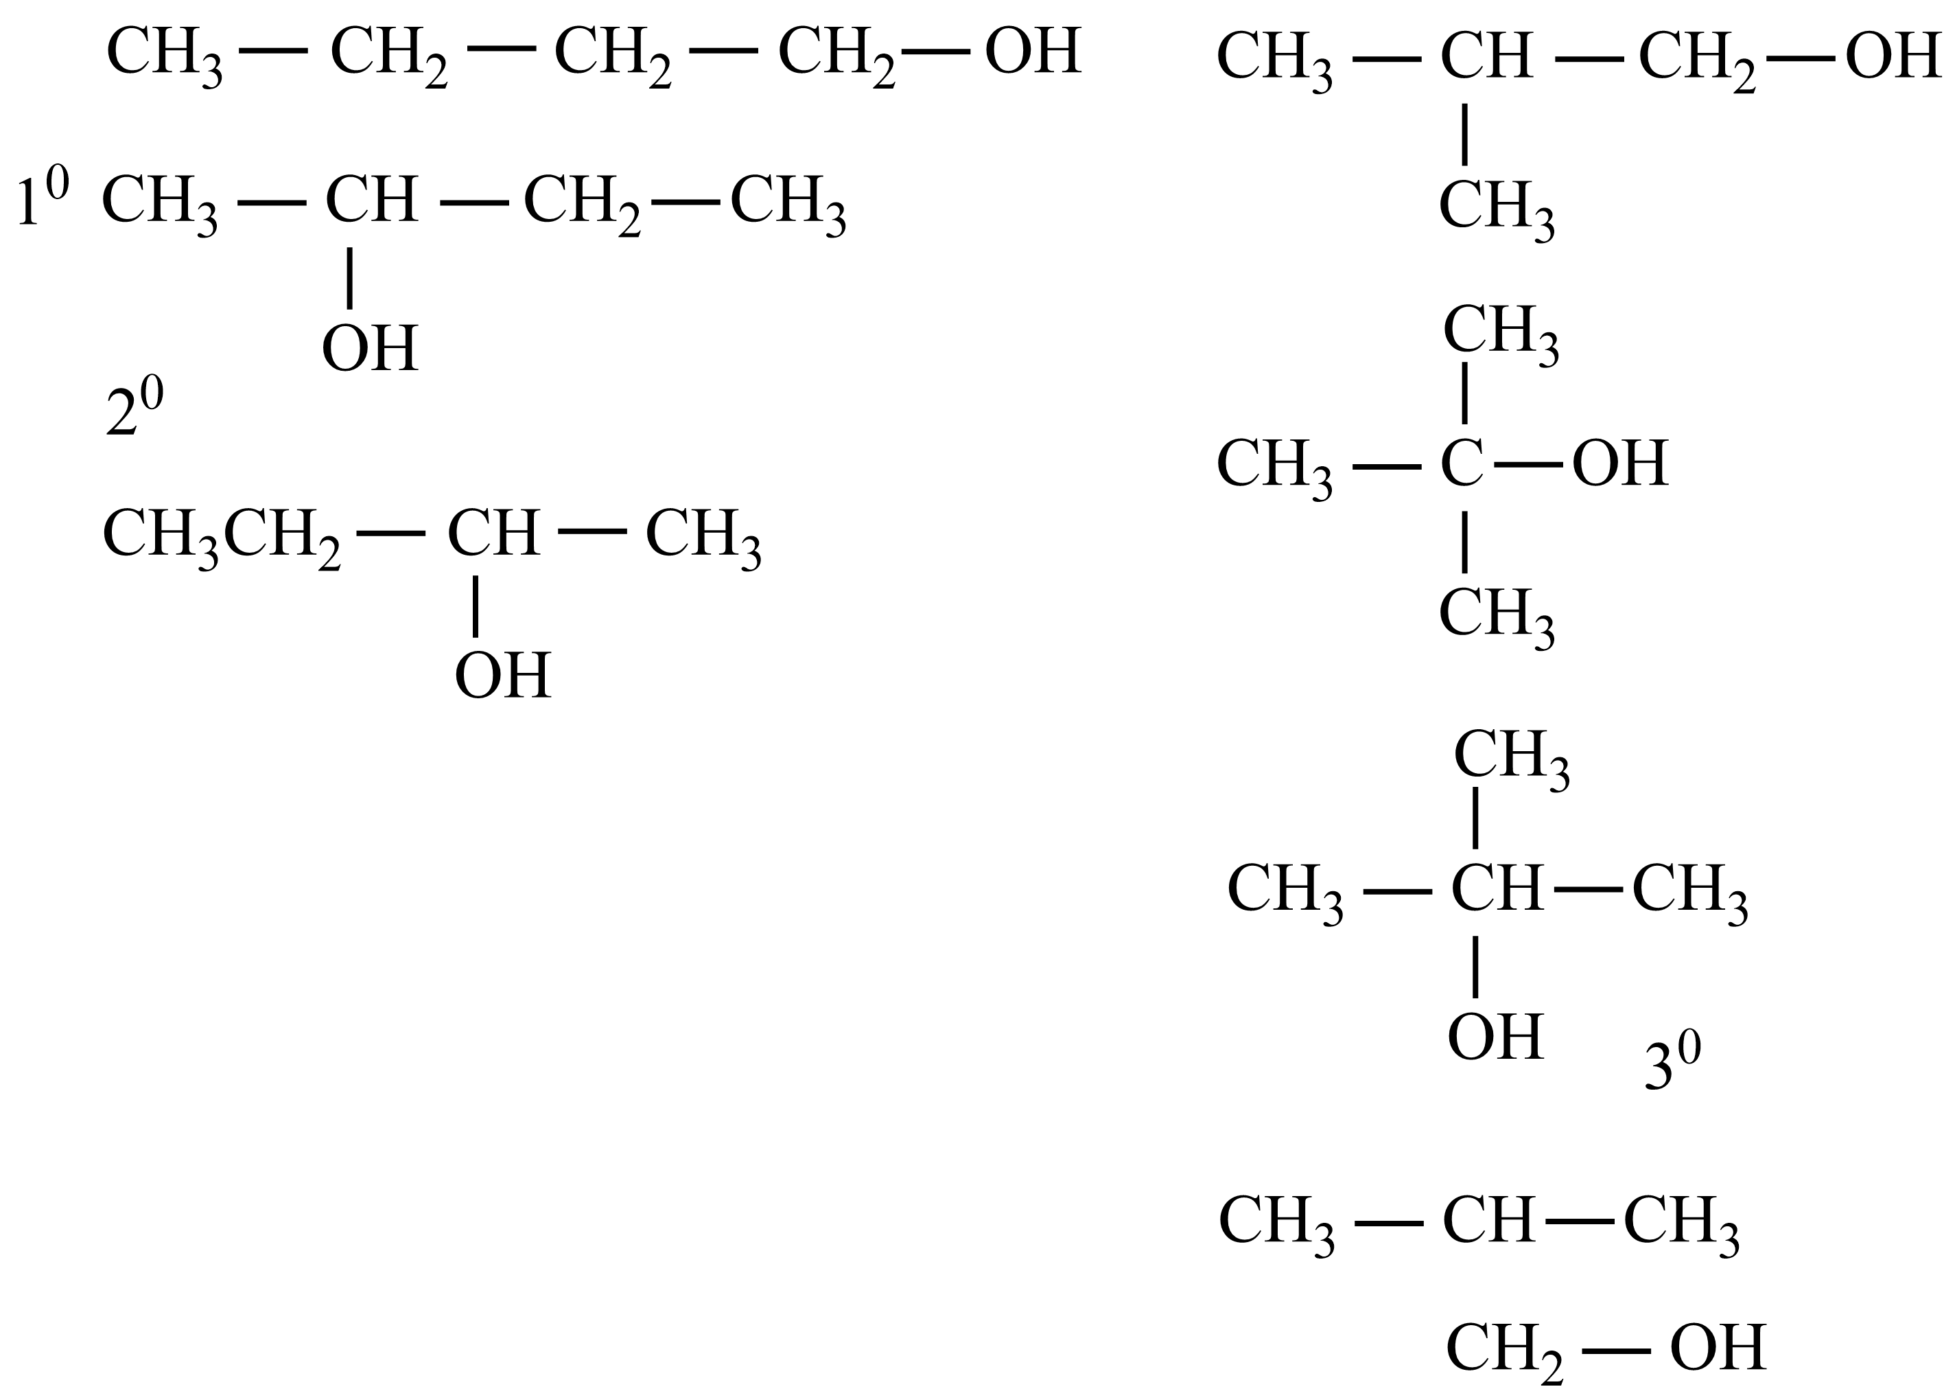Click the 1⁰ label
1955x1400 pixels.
point(41,198)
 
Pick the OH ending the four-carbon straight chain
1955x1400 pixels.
point(1032,51)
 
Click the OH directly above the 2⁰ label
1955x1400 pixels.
point(371,348)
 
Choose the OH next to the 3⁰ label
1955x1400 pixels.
point(1495,1037)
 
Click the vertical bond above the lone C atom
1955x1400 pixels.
point(1465,393)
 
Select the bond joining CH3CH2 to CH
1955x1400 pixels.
point(390,533)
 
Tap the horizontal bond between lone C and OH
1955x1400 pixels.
point(1527,465)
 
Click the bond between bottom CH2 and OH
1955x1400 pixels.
point(1615,1350)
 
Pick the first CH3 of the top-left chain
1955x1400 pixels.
point(164,54)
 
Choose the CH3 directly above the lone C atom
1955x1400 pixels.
point(1500,331)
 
